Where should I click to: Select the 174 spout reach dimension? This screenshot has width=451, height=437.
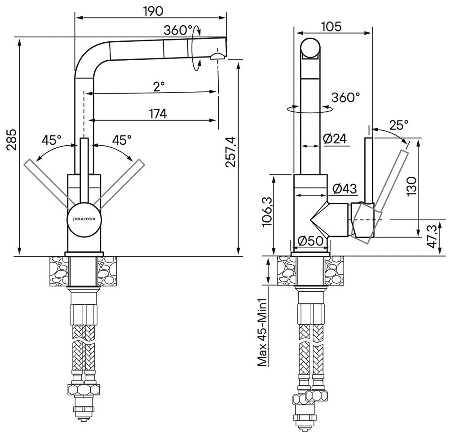(x=157, y=114)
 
